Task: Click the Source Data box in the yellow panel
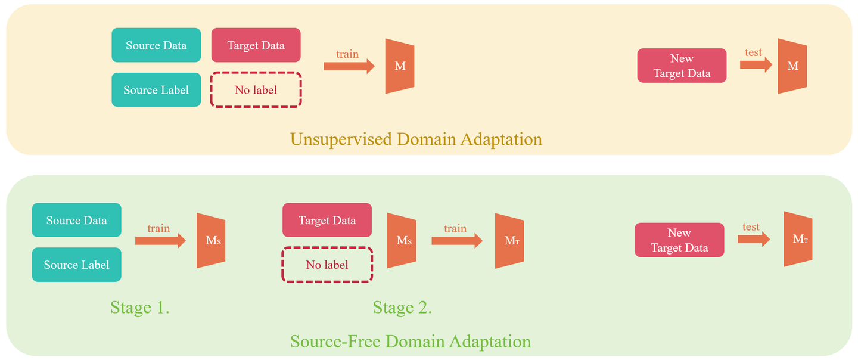click(156, 45)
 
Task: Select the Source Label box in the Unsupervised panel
click(156, 90)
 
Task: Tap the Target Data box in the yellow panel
click(256, 45)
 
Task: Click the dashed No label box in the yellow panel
click(256, 90)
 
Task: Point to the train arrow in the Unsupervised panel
click(349, 66)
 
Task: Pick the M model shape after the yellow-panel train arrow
click(400, 66)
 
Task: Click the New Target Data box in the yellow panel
click(682, 66)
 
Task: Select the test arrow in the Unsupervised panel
click(756, 64)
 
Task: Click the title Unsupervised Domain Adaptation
click(416, 139)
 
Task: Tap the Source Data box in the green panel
click(76, 220)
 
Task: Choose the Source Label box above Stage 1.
click(76, 265)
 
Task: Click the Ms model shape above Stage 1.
click(212, 240)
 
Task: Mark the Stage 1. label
click(140, 308)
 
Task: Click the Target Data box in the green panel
click(327, 220)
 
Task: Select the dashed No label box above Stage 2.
click(327, 265)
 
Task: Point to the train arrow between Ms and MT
click(456, 240)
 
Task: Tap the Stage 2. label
click(402, 308)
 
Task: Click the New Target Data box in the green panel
click(679, 240)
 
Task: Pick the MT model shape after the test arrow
click(798, 239)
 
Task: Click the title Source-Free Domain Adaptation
click(410, 342)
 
